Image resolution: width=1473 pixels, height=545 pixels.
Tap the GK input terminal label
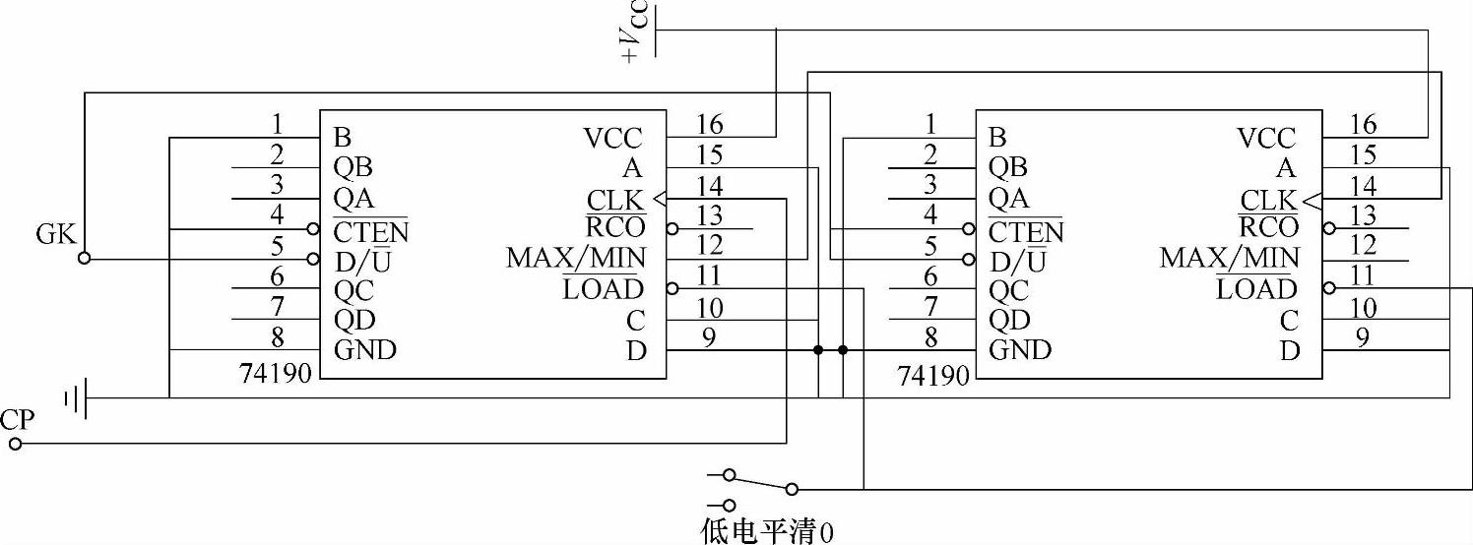point(55,234)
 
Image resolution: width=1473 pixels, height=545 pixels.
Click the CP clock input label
point(18,421)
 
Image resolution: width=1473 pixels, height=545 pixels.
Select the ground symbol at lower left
point(77,398)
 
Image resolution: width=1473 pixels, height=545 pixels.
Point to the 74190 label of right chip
point(933,374)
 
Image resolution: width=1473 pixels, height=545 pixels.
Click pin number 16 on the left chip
point(709,124)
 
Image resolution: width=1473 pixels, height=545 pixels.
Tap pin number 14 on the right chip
point(1364,186)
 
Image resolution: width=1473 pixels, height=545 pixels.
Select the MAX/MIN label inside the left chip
point(576,259)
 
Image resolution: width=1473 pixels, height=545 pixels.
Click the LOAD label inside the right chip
point(1256,289)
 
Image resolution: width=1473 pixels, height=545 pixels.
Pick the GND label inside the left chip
point(365,349)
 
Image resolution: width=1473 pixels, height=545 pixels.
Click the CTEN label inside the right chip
point(1025,232)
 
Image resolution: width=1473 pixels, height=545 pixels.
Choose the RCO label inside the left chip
point(616,227)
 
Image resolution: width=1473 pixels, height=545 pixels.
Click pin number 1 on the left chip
point(278,124)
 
